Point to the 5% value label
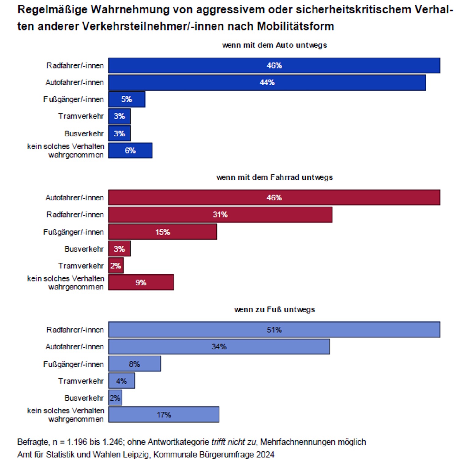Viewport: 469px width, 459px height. [126, 99]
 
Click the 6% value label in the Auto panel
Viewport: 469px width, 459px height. [130, 151]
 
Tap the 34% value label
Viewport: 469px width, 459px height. [219, 347]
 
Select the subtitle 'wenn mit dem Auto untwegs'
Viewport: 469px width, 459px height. [274, 45]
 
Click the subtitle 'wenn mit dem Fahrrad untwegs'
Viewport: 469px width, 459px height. [274, 177]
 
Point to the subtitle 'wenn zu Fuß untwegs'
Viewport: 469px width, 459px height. [274, 310]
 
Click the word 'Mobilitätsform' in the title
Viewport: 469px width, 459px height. [295, 27]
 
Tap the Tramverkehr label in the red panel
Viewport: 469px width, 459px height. [81, 266]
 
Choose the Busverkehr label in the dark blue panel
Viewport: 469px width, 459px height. [84, 134]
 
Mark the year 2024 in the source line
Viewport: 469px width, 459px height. [265, 455]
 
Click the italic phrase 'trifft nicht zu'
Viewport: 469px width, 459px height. [234, 442]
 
